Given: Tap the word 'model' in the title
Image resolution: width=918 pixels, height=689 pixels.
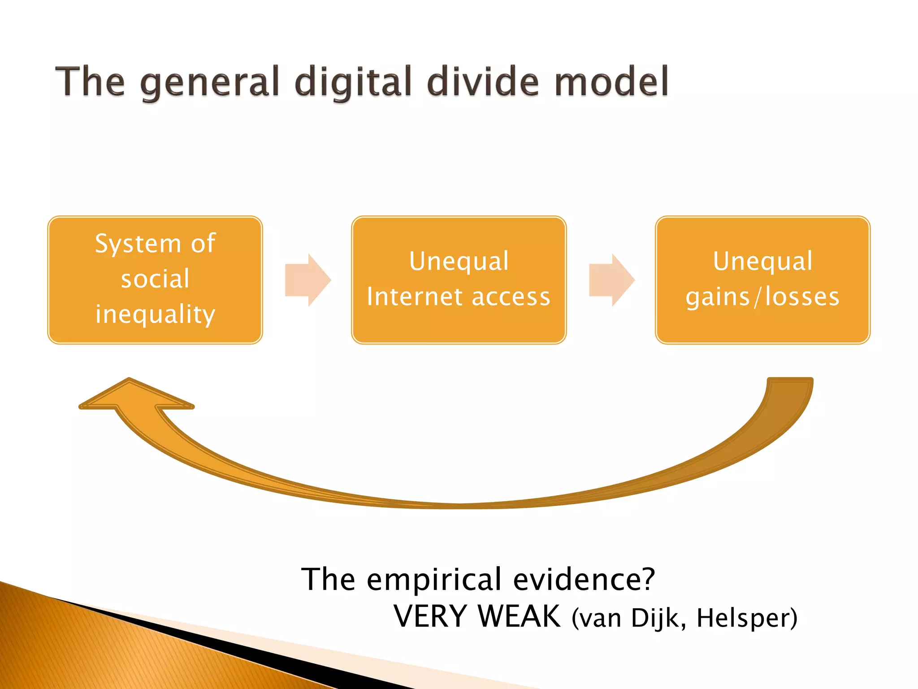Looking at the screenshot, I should pyautogui.click(x=611, y=82).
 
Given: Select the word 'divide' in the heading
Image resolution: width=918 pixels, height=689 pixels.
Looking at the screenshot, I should pyautogui.click(x=483, y=82).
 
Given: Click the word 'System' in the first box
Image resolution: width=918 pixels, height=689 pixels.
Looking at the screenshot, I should pyautogui.click(x=138, y=244).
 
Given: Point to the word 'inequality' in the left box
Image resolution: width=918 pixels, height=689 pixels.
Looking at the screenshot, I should pyautogui.click(x=155, y=314).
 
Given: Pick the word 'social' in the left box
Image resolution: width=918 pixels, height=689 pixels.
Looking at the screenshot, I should pyautogui.click(x=155, y=279).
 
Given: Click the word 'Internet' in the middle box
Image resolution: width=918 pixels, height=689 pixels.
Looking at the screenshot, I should pyautogui.click(x=414, y=297).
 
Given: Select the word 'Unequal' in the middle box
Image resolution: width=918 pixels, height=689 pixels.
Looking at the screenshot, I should pyautogui.click(x=459, y=262).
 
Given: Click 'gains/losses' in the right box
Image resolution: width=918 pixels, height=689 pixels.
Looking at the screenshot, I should pyautogui.click(x=762, y=297).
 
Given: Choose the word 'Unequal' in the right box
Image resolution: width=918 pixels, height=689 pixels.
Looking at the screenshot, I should pyautogui.click(x=762, y=262).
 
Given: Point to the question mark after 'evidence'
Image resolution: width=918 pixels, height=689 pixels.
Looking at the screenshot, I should pyautogui.click(x=648, y=579).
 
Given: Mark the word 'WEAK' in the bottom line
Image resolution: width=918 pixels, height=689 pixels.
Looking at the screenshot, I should pyautogui.click(x=519, y=617).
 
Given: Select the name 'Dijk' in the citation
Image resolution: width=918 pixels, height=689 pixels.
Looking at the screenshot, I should pyautogui.click(x=658, y=619).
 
